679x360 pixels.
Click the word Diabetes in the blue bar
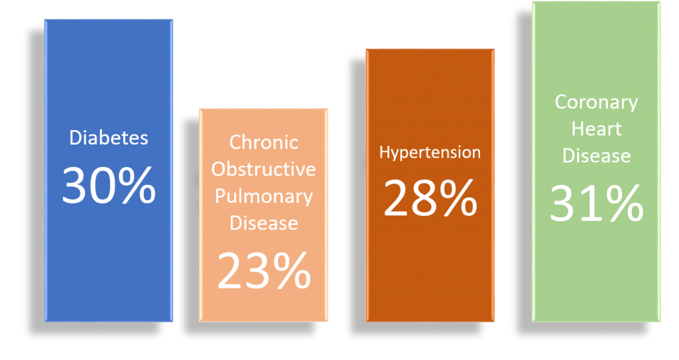tap(109, 139)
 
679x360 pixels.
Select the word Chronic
tap(264, 143)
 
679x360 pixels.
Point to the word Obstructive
tap(264, 169)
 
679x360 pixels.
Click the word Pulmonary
tap(264, 196)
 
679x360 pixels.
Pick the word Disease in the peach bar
tap(264, 223)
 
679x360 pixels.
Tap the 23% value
tap(264, 270)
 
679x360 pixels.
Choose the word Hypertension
tap(430, 152)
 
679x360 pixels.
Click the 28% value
tap(430, 198)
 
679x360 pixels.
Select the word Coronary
tap(596, 103)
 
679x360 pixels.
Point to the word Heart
tap(596, 129)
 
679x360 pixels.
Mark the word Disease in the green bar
tap(596, 156)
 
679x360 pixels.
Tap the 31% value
tap(596, 203)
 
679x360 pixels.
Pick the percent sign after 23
tap(290, 270)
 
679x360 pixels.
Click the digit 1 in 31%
tap(587, 204)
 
